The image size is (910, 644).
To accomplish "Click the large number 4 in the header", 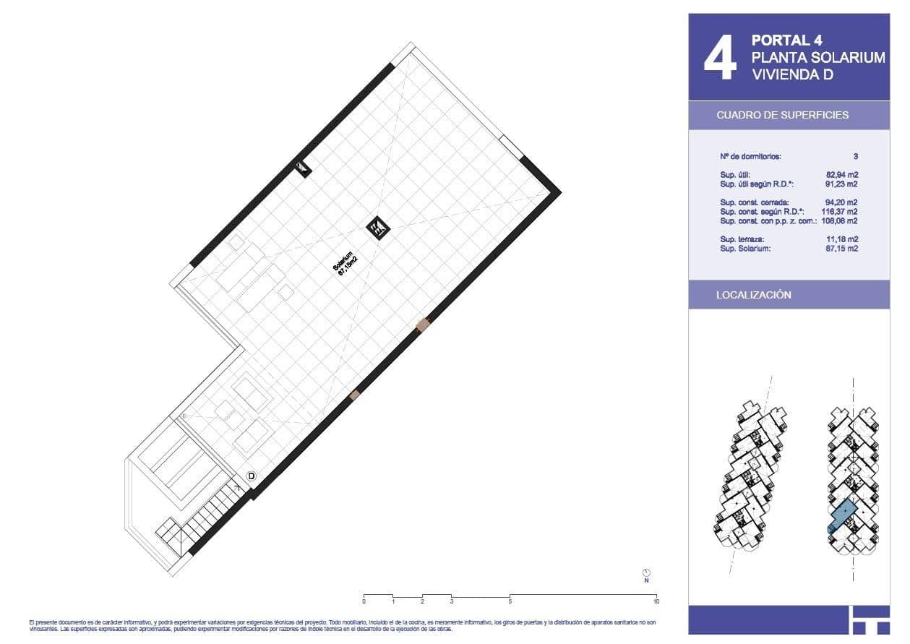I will pos(720,59).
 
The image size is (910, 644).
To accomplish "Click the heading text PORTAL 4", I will pos(786,40).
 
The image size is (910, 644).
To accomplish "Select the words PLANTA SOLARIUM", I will pos(817,57).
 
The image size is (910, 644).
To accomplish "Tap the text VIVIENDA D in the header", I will pos(792,74).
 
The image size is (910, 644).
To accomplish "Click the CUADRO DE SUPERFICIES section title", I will pos(782,115).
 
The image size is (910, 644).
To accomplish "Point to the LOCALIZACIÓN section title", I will pos(753,295).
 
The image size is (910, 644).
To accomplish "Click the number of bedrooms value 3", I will pos(855,155).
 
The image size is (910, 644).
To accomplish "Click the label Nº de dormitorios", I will pos(750,155).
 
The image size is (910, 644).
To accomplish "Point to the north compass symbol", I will pos(646,572).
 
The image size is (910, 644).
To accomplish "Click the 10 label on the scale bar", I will pos(656,601).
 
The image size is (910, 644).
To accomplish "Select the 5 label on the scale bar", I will pos(510,601).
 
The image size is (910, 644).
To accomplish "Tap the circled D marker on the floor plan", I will pos(252,476).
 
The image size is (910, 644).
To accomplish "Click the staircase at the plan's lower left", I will pos(202,518).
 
